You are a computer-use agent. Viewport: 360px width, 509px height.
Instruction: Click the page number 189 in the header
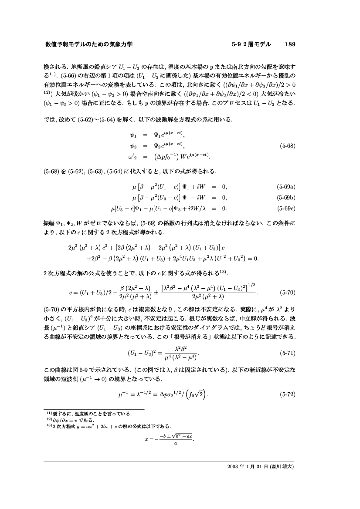pyautogui.click(x=290, y=44)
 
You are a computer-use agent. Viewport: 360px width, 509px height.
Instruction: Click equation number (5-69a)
pyautogui.click(x=286, y=188)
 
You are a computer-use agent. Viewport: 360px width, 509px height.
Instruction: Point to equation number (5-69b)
pyautogui.click(x=286, y=198)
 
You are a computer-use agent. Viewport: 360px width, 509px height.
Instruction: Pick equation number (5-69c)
pyautogui.click(x=286, y=208)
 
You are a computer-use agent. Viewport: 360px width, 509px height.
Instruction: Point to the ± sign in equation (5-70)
pyautogui.click(x=156, y=292)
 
